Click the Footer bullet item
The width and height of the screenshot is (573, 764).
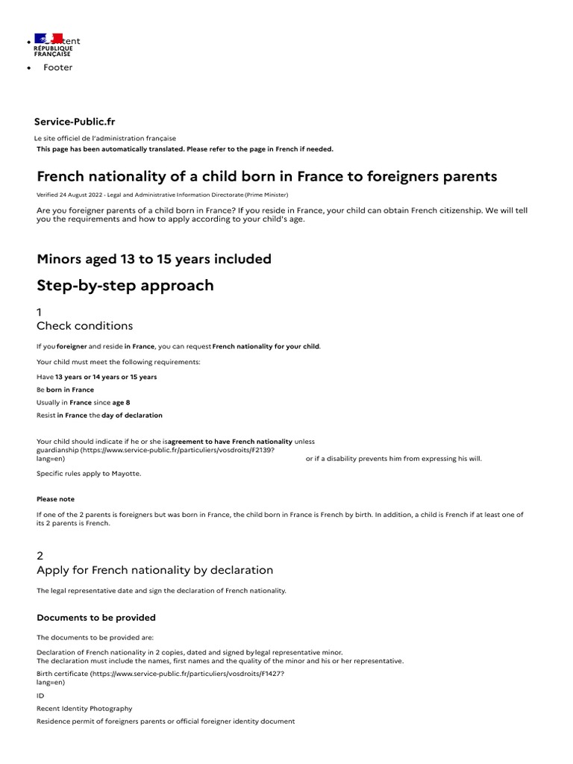click(57, 67)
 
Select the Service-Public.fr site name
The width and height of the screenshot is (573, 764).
click(75, 122)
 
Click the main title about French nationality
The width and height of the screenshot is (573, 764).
click(266, 177)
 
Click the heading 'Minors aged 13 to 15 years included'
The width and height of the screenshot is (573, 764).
click(154, 259)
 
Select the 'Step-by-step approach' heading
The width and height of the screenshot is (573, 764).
click(125, 286)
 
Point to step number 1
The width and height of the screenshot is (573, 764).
click(40, 312)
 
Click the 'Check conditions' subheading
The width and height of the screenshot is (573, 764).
click(84, 326)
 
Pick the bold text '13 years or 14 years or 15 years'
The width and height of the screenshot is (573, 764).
click(106, 377)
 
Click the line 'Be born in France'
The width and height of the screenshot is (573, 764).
click(65, 389)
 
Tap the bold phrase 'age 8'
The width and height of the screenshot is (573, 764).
click(122, 402)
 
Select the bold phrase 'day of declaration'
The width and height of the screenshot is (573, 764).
click(132, 415)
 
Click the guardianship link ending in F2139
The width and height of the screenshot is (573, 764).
click(149, 450)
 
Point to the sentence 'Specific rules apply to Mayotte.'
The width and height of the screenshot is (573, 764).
click(88, 474)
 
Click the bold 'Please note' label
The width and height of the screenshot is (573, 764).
click(55, 499)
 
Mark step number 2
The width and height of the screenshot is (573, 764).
click(40, 556)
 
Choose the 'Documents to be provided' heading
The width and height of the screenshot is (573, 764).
click(95, 618)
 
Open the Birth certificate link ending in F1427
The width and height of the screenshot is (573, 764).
click(160, 674)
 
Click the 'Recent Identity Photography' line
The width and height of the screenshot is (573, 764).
click(84, 708)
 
